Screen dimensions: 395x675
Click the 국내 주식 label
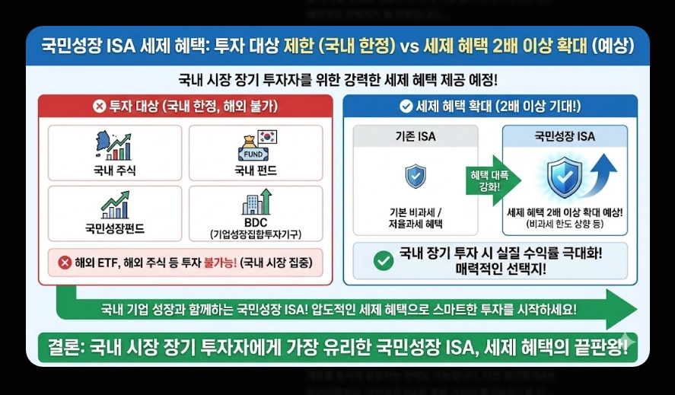tap(115, 170)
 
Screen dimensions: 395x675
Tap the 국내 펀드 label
tap(256, 170)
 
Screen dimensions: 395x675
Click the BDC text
tap(256, 222)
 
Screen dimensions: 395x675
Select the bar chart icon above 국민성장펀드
tap(114, 205)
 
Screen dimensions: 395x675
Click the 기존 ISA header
tap(416, 137)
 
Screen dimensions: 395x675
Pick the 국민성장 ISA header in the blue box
tap(565, 137)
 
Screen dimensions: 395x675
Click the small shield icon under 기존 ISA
tap(416, 177)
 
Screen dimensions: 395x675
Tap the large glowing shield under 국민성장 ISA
tap(564, 177)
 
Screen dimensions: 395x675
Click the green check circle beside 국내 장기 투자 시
tap(384, 260)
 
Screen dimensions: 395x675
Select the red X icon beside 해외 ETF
tap(64, 263)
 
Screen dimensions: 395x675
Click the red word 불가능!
tap(220, 263)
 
